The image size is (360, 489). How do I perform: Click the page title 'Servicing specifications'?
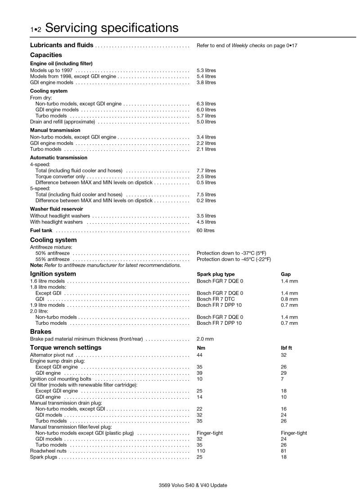(x=112, y=28)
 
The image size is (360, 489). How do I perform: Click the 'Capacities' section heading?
(x=46, y=55)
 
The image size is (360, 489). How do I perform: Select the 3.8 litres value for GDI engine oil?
(x=206, y=83)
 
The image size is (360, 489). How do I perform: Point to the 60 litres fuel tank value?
(x=206, y=231)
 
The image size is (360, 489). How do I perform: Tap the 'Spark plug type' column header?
(x=216, y=274)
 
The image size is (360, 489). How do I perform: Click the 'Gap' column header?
(x=286, y=274)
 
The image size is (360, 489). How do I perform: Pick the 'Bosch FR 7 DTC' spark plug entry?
(x=216, y=299)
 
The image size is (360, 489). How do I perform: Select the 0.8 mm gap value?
(x=289, y=299)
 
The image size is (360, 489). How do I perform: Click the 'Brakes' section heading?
(x=40, y=331)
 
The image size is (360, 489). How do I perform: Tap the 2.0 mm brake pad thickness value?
(x=205, y=339)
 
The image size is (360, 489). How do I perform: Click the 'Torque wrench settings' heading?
(x=66, y=347)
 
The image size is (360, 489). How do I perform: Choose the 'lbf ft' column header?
(x=287, y=348)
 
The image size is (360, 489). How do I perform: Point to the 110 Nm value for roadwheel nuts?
(x=201, y=451)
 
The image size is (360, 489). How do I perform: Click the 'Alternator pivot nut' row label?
(x=50, y=355)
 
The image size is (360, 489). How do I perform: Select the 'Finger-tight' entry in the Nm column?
(x=210, y=433)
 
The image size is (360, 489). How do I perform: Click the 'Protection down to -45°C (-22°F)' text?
(x=234, y=260)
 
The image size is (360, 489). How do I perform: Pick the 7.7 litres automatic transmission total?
(x=206, y=171)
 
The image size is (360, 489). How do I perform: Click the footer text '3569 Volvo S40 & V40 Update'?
(x=193, y=485)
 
